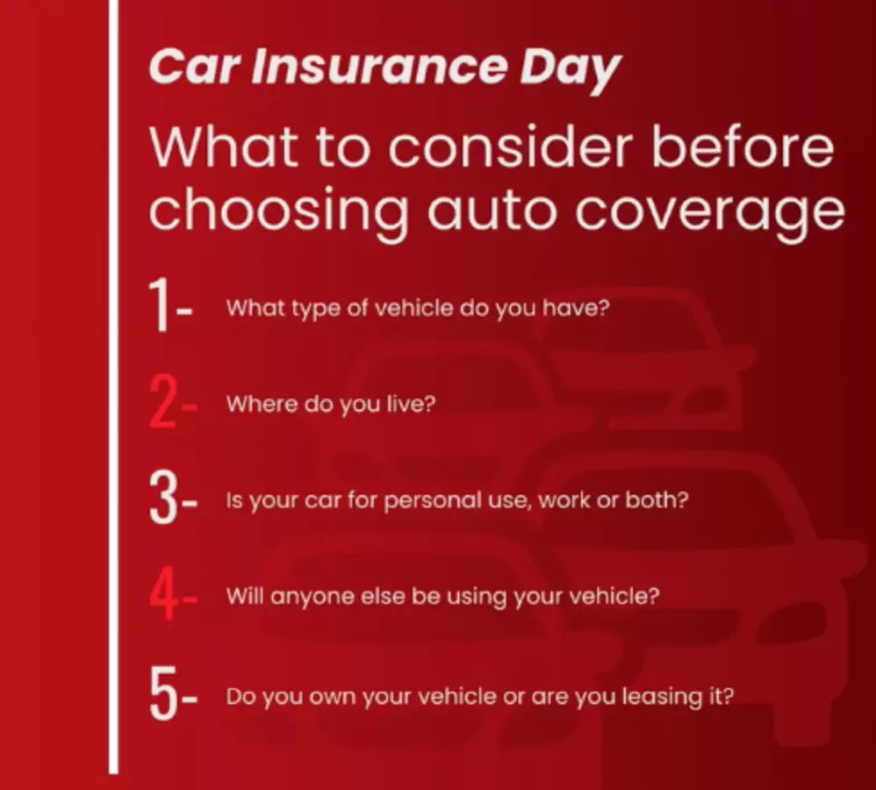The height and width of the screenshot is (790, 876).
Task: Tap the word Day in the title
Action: pos(570,71)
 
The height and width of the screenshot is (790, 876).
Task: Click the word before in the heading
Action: pos(743,147)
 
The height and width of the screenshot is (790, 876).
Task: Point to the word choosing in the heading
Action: pos(279,213)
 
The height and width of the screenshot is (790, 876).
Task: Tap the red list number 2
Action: pos(163,402)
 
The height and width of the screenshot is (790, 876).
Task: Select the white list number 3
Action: pos(163,498)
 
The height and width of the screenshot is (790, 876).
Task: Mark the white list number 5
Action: pos(163,693)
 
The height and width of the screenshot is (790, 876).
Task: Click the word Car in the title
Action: pos(194,67)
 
